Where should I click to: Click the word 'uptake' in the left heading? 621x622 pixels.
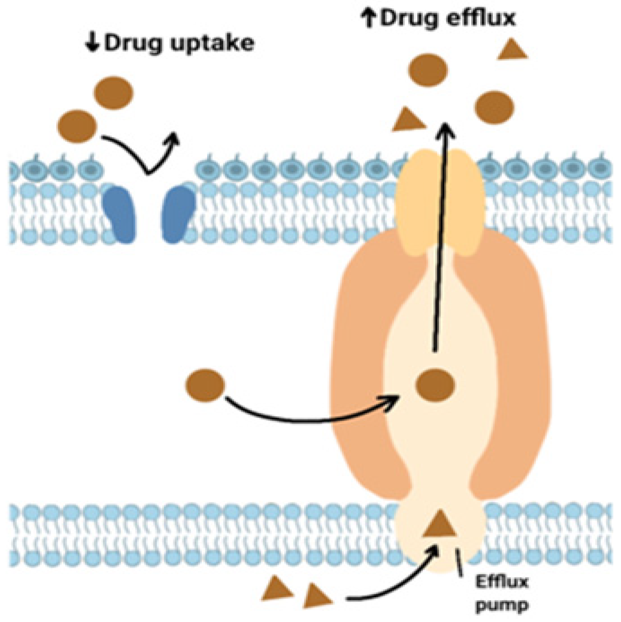[x=212, y=44]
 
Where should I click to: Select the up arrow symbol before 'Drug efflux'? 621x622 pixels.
[x=369, y=19]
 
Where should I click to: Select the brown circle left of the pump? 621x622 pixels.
[x=206, y=385]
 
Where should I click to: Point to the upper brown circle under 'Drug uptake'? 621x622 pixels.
[x=113, y=93]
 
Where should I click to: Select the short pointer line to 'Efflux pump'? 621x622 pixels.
[x=459, y=561]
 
